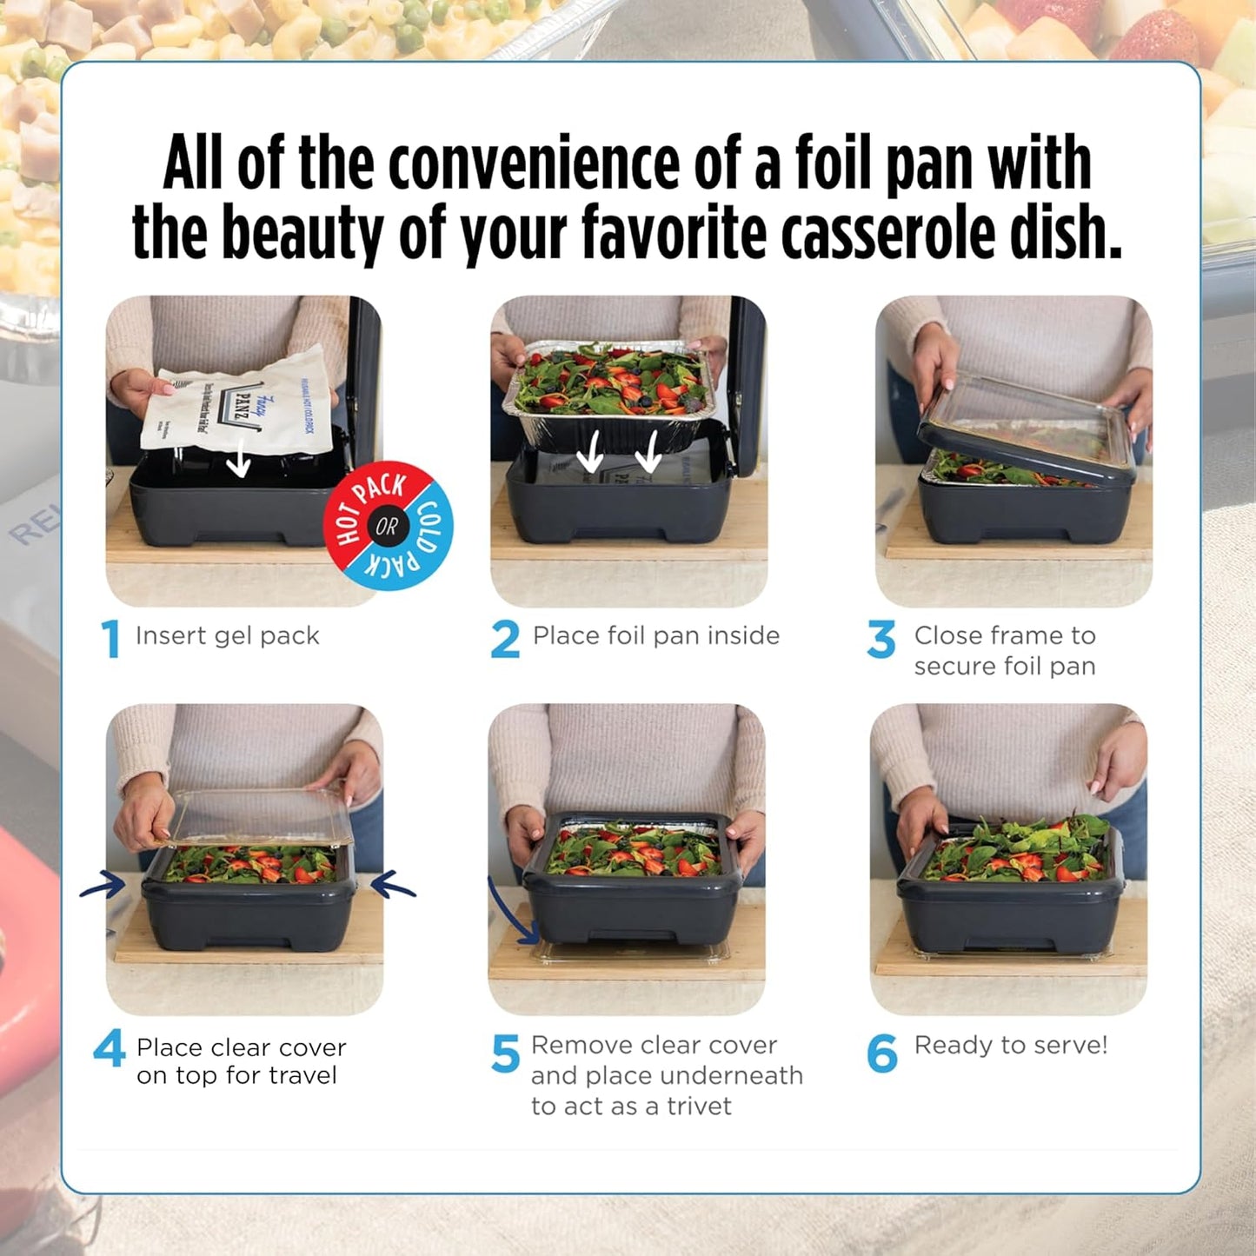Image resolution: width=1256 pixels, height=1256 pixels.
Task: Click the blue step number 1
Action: [x=110, y=639]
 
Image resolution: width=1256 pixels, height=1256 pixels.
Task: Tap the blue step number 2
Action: [x=505, y=639]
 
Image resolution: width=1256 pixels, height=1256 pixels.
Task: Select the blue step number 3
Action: [x=881, y=639]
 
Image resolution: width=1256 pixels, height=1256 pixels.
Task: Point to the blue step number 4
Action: [x=110, y=1048]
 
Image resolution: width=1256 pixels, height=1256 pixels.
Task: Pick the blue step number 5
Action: [x=505, y=1053]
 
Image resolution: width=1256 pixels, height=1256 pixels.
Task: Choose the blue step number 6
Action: [x=881, y=1053]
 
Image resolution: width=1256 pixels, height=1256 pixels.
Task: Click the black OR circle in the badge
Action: [x=387, y=526]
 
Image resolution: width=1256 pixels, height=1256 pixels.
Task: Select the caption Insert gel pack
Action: [x=228, y=636]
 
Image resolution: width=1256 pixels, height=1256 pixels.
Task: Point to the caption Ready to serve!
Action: [x=1011, y=1045]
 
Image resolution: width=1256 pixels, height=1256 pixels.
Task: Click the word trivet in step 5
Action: [x=699, y=1106]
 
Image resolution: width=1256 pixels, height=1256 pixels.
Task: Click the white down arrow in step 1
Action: [x=238, y=464]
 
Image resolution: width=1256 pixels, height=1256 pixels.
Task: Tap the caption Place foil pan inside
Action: [x=656, y=636]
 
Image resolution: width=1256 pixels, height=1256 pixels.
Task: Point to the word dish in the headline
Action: [x=1065, y=233]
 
